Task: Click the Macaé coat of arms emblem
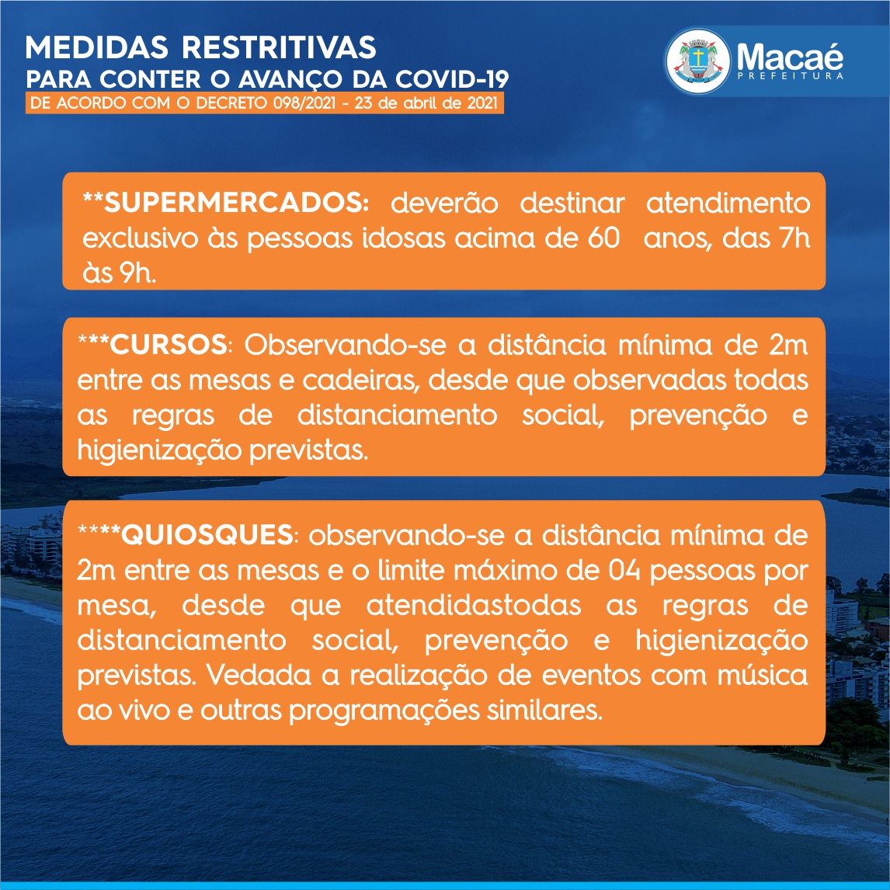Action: click(x=697, y=62)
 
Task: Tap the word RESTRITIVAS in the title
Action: click(x=279, y=47)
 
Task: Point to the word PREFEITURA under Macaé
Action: click(x=790, y=75)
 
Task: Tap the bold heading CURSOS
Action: click(x=169, y=345)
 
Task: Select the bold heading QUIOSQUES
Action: click(x=207, y=534)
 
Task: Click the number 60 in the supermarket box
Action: click(x=603, y=238)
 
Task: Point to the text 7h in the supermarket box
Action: click(x=794, y=238)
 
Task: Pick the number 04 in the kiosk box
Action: click(x=624, y=571)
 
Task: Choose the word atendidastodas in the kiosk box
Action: click(x=474, y=605)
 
